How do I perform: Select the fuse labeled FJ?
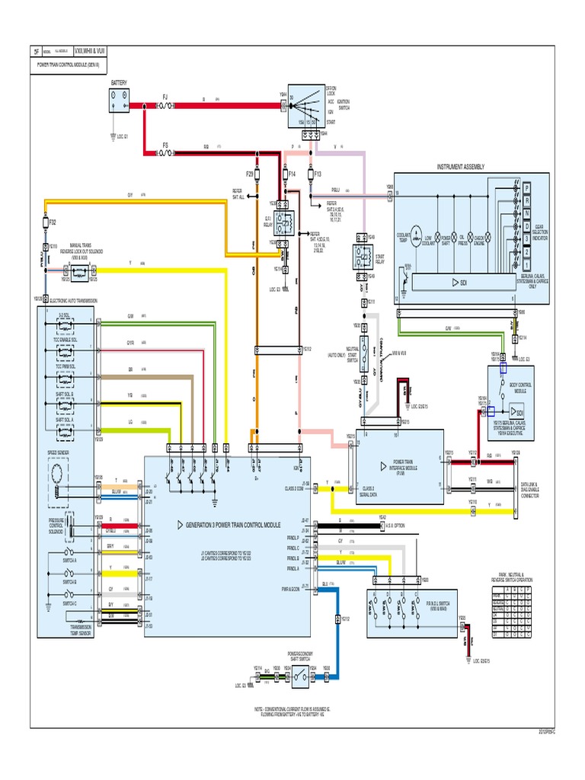coord(165,106)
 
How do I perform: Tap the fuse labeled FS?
coord(165,152)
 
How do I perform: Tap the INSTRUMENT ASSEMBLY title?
coord(460,166)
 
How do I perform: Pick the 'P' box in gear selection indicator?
coord(526,186)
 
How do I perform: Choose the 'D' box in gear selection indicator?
coord(526,226)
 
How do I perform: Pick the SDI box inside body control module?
coord(505,411)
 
